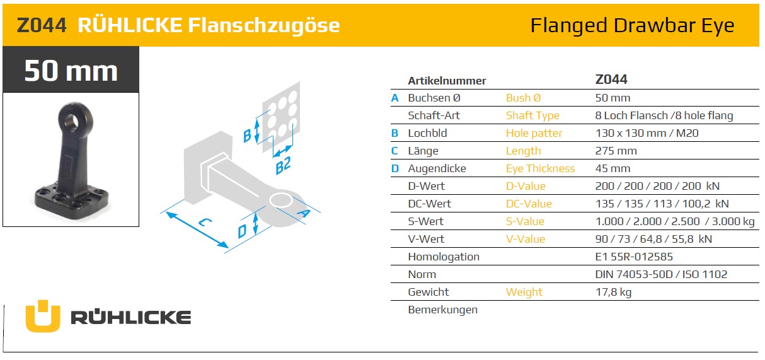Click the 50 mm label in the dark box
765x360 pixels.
(71, 71)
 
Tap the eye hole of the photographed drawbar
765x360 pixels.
(72, 120)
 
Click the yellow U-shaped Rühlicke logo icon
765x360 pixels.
(43, 316)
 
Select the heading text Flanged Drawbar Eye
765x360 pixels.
(632, 26)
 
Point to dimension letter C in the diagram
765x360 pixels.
(205, 223)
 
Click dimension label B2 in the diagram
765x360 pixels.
(283, 165)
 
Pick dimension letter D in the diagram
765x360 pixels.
(242, 231)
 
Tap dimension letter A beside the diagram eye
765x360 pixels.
(304, 214)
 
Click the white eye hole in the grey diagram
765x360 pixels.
(280, 200)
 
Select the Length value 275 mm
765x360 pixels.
(616, 151)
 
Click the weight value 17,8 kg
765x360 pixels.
(613, 293)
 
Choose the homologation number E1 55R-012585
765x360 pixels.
(634, 257)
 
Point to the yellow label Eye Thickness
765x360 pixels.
(540, 168)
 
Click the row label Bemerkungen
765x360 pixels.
(442, 310)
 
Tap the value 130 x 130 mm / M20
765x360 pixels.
(647, 133)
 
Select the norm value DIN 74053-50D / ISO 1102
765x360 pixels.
(661, 275)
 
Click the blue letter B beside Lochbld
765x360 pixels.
(395, 133)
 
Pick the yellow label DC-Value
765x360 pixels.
(529, 204)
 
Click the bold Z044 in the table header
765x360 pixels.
(611, 79)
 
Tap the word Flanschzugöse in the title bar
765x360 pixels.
(263, 26)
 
